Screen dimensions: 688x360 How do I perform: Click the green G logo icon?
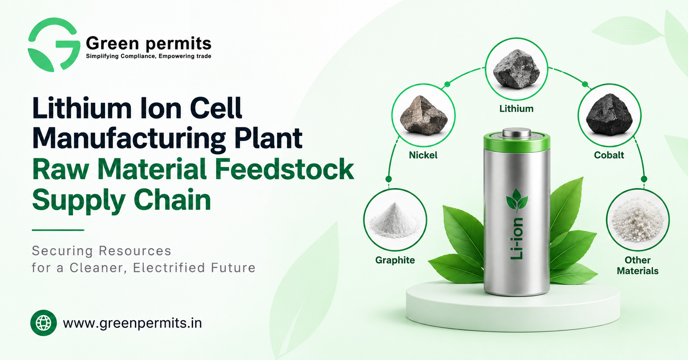(53, 44)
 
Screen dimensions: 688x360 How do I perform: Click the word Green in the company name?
(112, 43)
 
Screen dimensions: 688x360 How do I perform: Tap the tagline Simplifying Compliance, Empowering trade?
(148, 56)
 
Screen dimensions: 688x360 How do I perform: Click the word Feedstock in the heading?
(284, 169)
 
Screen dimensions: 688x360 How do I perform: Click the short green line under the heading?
(58, 230)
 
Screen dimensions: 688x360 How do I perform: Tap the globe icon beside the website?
(44, 323)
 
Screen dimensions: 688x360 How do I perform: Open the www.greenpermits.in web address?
(133, 323)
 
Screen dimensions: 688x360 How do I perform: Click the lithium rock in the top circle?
(516, 69)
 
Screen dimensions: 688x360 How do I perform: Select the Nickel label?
(423, 155)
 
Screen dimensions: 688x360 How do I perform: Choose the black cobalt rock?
(609, 115)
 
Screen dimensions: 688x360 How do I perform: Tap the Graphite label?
(395, 260)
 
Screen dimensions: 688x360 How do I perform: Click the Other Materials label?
(638, 266)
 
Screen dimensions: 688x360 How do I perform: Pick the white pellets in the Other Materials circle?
(638, 219)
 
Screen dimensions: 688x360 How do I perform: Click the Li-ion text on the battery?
(517, 239)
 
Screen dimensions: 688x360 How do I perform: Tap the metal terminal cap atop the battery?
(517, 133)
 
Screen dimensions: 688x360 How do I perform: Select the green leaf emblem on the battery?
(517, 200)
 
